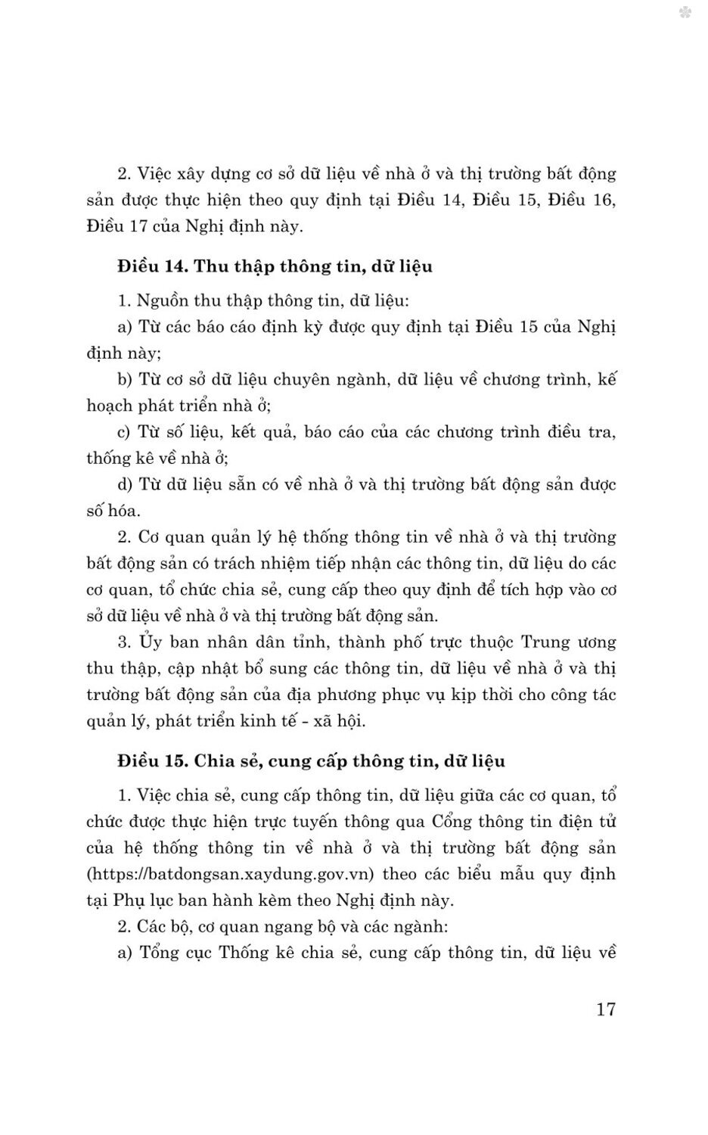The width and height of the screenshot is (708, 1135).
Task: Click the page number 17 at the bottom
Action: pos(606,1009)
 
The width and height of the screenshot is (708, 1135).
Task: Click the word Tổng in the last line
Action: pos(159,953)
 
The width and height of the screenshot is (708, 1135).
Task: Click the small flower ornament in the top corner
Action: pos(685,13)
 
